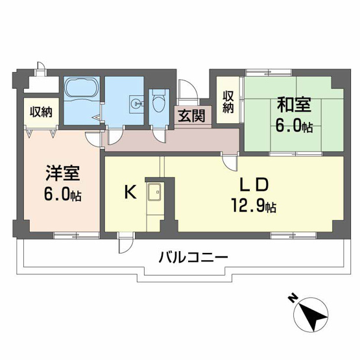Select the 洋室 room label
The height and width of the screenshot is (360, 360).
click(63, 174)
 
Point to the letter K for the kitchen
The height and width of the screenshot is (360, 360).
click(130, 192)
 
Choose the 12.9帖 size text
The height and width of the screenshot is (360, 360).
click(254, 207)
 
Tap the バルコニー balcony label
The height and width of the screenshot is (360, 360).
click(193, 257)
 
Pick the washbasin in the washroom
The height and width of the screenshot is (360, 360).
click(136, 102)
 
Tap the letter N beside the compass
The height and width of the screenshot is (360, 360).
click(292, 299)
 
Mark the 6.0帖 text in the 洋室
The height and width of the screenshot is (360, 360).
click(63, 194)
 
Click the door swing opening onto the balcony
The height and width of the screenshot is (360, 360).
click(124, 245)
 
